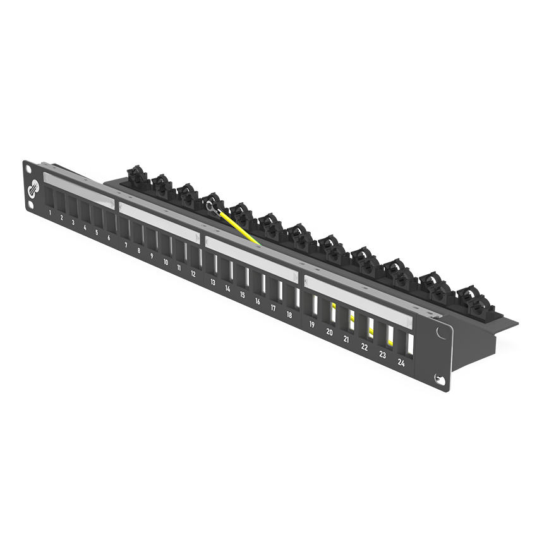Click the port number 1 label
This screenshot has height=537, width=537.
(x=50, y=213)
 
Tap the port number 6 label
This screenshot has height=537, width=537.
(x=109, y=238)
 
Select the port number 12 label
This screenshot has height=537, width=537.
(x=193, y=274)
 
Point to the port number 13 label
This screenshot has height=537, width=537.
(x=213, y=282)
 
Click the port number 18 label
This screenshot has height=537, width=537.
(x=289, y=315)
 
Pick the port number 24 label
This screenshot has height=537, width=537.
(x=401, y=363)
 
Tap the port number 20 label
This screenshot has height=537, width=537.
(x=329, y=332)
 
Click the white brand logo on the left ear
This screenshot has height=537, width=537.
(x=33, y=189)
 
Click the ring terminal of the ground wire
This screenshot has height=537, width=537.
(x=210, y=205)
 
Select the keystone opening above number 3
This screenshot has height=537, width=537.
(x=72, y=205)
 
